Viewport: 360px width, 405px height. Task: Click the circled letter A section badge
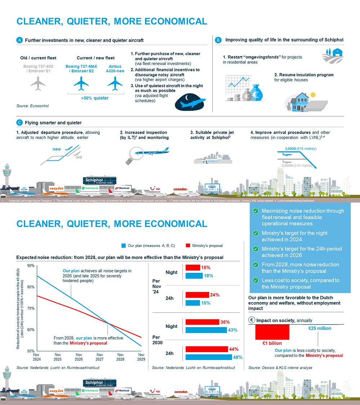[20, 40]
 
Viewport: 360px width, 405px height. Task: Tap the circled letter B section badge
[218, 40]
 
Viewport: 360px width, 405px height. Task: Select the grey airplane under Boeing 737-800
[38, 83]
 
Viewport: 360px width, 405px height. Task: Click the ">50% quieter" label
[95, 98]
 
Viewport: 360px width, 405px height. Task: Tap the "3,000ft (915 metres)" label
[300, 149]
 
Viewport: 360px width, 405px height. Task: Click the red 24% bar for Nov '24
[197, 295]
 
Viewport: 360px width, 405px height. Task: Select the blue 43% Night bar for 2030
[206, 330]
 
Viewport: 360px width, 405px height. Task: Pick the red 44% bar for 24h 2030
[206, 349]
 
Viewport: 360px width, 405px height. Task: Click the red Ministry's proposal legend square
[187, 246]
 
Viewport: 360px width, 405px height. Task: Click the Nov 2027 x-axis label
[100, 357]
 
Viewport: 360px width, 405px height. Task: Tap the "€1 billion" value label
[272, 343]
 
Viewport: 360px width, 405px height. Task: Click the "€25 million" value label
[320, 328]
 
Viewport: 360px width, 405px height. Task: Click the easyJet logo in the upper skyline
[57, 188]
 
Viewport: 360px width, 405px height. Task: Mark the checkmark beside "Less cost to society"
[255, 280]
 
